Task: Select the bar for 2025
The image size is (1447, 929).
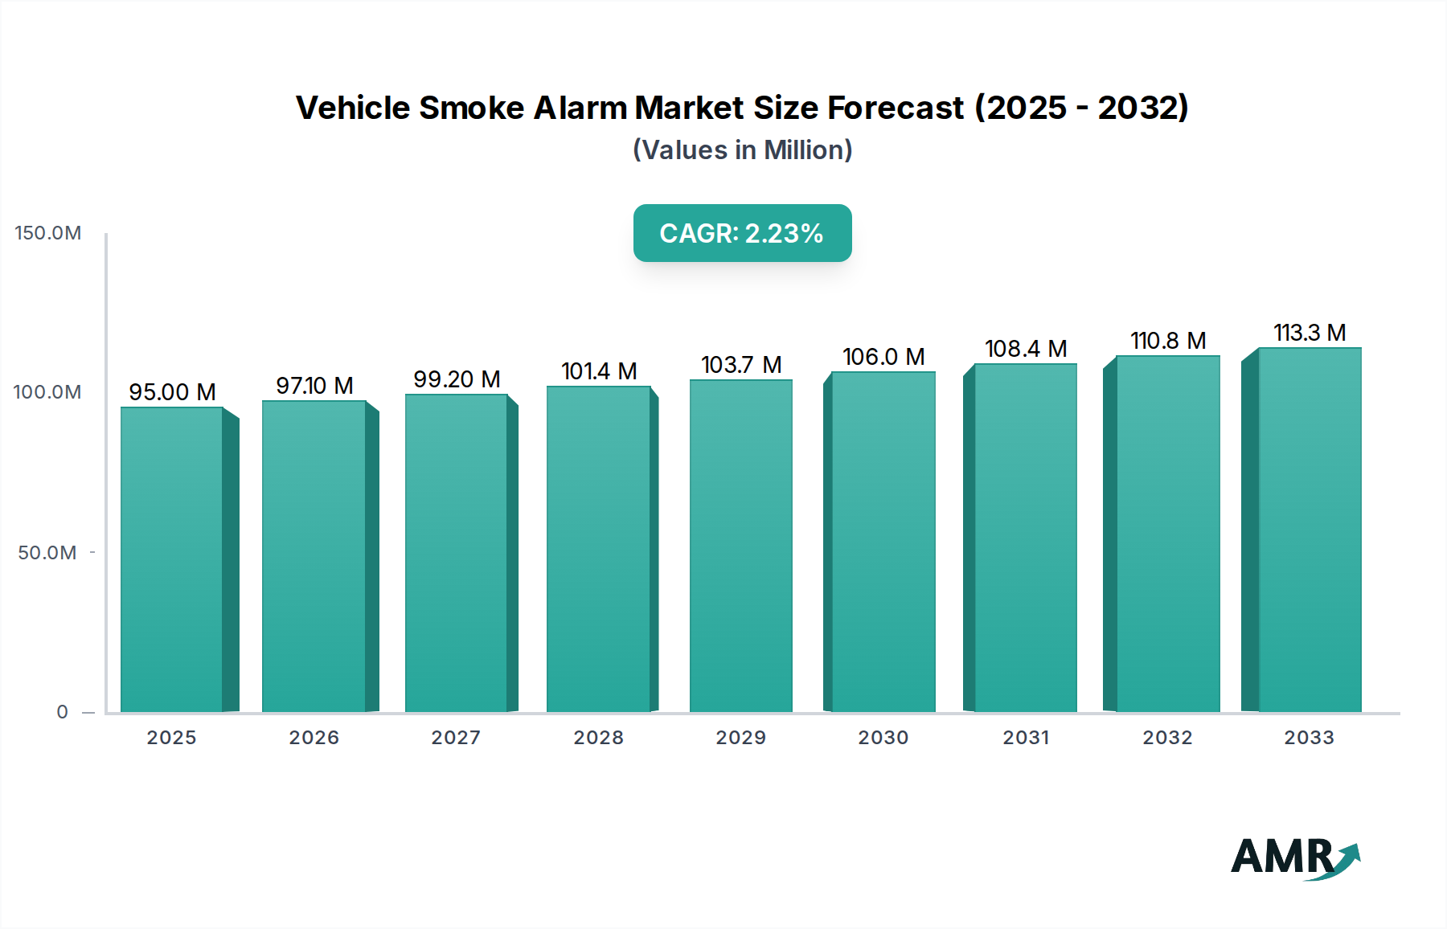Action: [x=171, y=559]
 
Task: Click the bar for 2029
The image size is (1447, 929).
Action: [x=740, y=546]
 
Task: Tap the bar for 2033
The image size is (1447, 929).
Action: [x=1310, y=530]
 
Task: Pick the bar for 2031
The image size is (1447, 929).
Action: [x=1025, y=538]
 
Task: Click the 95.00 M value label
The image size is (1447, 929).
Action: [x=172, y=392]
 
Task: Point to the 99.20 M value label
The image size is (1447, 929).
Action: [x=457, y=379]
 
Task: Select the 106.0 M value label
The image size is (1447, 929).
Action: [x=883, y=357]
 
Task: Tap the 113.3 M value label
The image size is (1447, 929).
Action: [x=1310, y=333]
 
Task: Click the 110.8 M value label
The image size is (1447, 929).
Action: [x=1168, y=341]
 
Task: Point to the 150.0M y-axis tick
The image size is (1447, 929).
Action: [x=48, y=233]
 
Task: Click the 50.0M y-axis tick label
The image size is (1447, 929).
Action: [x=47, y=553]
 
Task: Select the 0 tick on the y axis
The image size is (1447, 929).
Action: [x=63, y=712]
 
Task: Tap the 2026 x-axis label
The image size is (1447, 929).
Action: [x=314, y=738]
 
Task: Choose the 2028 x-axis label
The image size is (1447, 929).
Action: [x=598, y=738]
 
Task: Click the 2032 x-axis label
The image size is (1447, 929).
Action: [x=1167, y=738]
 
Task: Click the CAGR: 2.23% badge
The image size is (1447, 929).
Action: [x=742, y=233]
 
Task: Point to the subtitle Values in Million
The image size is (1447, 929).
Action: [x=742, y=150]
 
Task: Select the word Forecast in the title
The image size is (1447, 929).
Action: [x=896, y=108]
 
